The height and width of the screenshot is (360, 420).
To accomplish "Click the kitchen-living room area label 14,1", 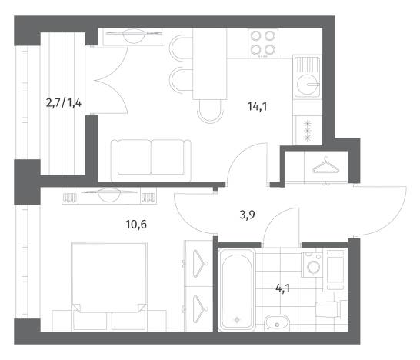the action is (x=257, y=107).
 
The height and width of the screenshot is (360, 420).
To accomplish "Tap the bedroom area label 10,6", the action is (x=136, y=224).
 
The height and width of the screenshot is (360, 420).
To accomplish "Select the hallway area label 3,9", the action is (x=247, y=215).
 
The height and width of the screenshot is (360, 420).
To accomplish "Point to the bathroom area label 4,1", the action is (x=282, y=288).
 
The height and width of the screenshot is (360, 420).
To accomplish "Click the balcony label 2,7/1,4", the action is (x=64, y=102).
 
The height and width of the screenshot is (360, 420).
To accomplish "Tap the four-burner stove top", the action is (x=263, y=44).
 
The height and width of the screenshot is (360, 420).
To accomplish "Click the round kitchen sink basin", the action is (x=308, y=85).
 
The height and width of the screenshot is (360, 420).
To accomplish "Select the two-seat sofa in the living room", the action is (x=151, y=161).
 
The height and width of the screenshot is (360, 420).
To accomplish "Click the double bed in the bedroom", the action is (x=109, y=286).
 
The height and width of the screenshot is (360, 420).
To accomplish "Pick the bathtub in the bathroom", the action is (x=237, y=289).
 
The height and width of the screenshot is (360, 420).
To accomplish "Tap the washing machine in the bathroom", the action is (x=312, y=265).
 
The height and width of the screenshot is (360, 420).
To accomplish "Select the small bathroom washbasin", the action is (x=277, y=324).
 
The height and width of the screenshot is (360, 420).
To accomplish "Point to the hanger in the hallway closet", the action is (x=326, y=165).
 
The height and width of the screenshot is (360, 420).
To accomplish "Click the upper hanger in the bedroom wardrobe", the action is (x=200, y=263).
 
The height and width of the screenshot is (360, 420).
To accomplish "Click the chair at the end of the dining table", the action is (x=210, y=112).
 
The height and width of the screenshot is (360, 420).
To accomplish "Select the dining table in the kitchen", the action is (x=210, y=64).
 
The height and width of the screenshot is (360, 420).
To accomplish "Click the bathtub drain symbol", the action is (x=237, y=320).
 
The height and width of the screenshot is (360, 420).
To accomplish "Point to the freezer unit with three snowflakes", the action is (x=308, y=131).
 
